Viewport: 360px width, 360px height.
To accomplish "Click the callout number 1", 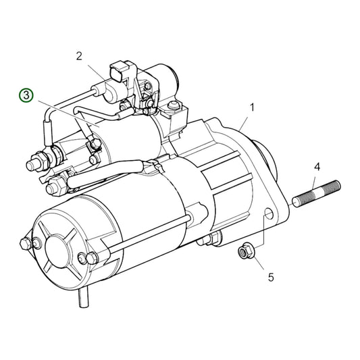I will [x=253, y=107].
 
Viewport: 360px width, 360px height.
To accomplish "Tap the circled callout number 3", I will [x=25, y=95].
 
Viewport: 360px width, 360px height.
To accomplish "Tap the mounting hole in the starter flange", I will [x=268, y=216].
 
